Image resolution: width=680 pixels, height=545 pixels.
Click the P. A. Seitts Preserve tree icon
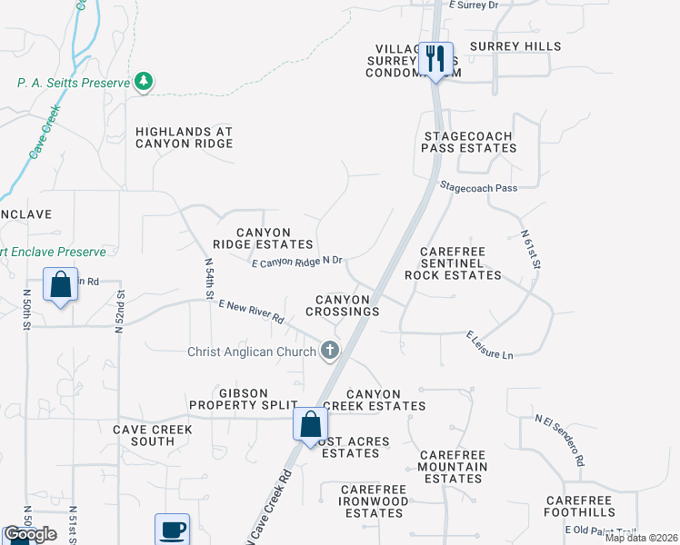click(x=143, y=83)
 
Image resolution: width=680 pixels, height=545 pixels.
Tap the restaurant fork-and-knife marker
click(x=435, y=59)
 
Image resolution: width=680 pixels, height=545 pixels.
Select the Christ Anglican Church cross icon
click(x=329, y=351)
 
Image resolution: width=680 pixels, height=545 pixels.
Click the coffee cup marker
click(x=172, y=529)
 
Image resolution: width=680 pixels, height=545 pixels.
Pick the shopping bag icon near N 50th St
click(x=60, y=284)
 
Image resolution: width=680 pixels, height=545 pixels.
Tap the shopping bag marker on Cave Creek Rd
click(x=310, y=423)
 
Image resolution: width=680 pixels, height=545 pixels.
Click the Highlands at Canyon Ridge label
click(x=184, y=137)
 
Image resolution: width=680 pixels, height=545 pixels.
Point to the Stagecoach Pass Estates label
click(x=469, y=141)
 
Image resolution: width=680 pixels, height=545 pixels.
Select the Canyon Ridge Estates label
click(x=263, y=238)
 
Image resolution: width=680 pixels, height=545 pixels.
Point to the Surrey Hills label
click(x=515, y=46)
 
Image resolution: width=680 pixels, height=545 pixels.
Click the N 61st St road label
click(x=531, y=250)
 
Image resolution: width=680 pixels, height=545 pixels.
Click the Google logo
click(x=29, y=534)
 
